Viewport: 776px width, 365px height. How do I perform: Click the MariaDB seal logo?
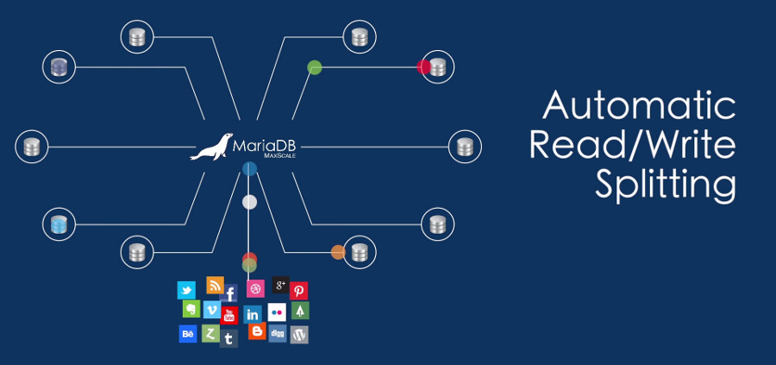[211, 148]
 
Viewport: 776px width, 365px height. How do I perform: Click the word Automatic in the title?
[639, 106]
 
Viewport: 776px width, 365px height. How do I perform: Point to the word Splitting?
[665, 184]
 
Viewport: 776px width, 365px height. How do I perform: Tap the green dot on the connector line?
[315, 66]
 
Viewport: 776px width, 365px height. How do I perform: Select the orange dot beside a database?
[338, 252]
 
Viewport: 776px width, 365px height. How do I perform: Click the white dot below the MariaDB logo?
[249, 202]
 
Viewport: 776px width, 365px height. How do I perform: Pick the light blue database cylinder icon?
[59, 224]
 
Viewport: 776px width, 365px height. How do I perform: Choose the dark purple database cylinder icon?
[59, 66]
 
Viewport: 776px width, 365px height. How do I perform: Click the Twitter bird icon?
[186, 290]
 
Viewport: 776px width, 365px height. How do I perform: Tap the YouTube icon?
[229, 315]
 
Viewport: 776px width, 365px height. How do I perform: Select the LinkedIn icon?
[253, 314]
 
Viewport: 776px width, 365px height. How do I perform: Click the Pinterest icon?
[299, 291]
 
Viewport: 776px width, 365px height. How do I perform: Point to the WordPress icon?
[299, 335]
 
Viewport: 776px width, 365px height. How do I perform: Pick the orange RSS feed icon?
[215, 286]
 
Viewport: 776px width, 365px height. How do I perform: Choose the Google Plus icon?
[280, 285]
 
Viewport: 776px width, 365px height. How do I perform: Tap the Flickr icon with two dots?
[277, 312]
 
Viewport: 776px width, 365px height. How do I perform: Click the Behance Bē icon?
[187, 334]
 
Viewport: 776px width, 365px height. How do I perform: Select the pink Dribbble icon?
[255, 288]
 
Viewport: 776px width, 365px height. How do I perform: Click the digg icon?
[278, 333]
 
